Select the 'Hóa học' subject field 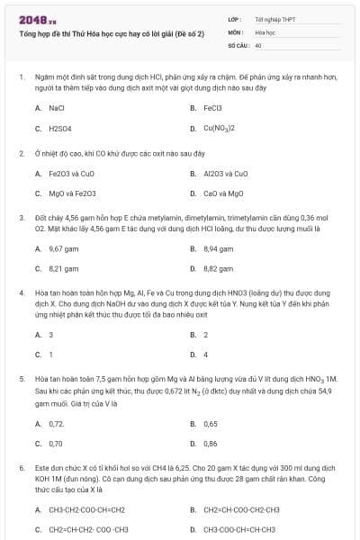[x=265, y=31]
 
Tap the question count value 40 [x=258, y=43]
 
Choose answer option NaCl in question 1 [x=57, y=107]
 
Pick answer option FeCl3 [x=212, y=107]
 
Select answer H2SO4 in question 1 [x=60, y=128]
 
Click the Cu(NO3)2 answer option [x=219, y=128]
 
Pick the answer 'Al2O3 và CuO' [x=226, y=173]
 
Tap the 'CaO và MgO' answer [x=223, y=193]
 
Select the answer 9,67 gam [x=63, y=247]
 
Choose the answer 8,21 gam [x=63, y=268]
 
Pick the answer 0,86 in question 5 [x=211, y=443]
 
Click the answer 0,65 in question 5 [x=211, y=423]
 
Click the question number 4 [x=21, y=292]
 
